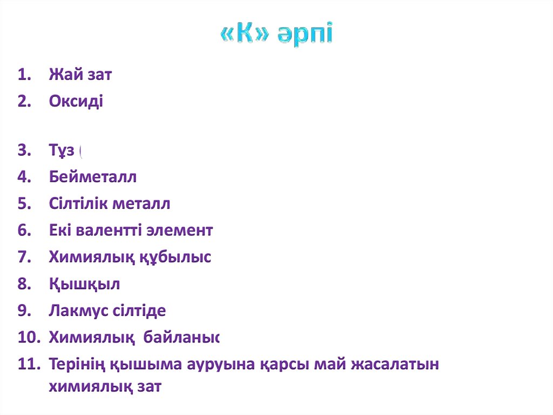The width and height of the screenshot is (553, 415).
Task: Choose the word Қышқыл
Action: pos(84,284)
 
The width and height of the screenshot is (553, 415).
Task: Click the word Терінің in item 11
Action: pos(77,364)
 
